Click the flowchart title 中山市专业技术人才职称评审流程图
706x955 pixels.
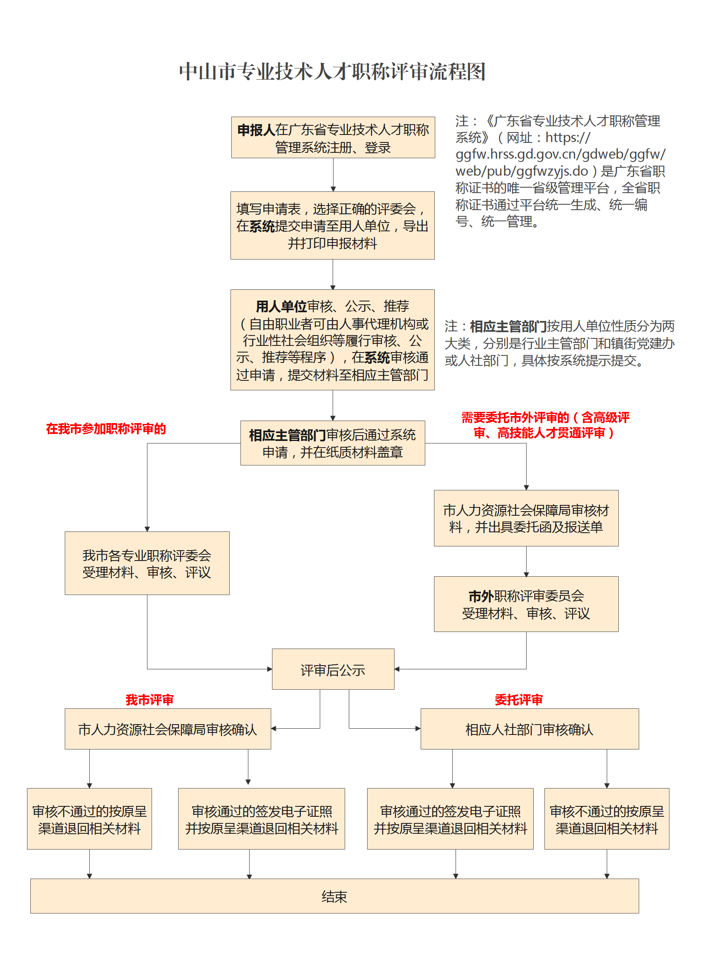(332, 71)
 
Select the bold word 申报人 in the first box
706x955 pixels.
(256, 130)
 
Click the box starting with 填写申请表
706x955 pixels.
(332, 225)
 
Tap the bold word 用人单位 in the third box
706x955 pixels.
(281, 306)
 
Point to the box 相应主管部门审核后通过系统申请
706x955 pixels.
(332, 443)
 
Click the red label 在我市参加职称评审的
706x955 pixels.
(105, 429)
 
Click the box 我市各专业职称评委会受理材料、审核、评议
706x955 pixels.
(147, 563)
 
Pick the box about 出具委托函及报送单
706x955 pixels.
(526, 518)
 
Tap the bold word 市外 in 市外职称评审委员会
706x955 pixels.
(481, 596)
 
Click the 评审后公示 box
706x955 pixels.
(333, 670)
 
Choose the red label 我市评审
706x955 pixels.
(149, 700)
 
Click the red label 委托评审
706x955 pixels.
(518, 700)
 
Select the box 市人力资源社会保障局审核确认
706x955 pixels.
(167, 730)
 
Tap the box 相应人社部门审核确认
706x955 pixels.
(529, 730)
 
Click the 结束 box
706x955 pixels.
(334, 896)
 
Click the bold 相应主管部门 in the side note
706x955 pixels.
(508, 326)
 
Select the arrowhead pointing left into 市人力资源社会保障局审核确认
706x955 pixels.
(274, 729)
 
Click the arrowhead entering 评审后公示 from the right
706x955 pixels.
(397, 669)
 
